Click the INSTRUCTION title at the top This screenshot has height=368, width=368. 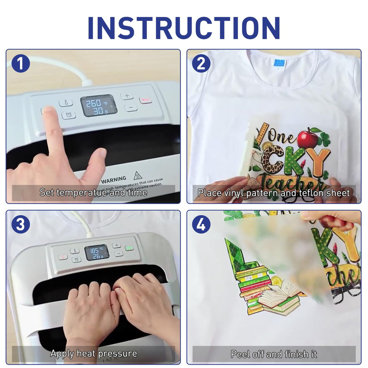[184, 28]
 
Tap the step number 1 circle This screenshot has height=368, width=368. [21, 64]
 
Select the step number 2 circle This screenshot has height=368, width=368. [201, 64]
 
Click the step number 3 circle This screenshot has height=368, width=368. [21, 225]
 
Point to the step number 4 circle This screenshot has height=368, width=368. [201, 225]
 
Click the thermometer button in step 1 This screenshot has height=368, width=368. [66, 103]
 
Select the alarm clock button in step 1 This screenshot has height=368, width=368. [69, 115]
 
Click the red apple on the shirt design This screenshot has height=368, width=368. [307, 138]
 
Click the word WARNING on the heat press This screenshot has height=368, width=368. [114, 180]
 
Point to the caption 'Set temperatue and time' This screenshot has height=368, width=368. [93, 192]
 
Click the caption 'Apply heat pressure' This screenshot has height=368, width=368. [93, 353]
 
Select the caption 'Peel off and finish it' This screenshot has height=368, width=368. [274, 354]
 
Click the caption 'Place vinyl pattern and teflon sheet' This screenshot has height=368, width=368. [274, 193]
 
